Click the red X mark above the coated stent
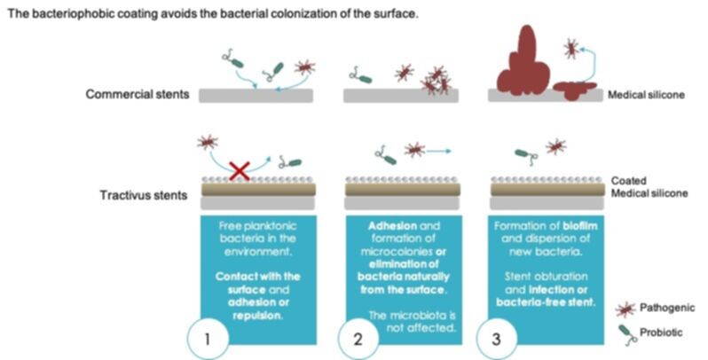[240, 170]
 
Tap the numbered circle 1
[208, 339]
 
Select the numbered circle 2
[358, 339]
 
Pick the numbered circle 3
[497, 339]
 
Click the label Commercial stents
[138, 94]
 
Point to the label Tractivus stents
[144, 195]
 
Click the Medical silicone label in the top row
[646, 95]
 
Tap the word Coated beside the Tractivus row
[628, 181]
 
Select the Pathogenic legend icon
[625, 309]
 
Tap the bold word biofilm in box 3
[579, 225]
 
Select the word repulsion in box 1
[257, 316]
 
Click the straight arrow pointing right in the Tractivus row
[438, 152]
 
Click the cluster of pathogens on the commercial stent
[435, 81]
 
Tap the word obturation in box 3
[563, 277]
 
